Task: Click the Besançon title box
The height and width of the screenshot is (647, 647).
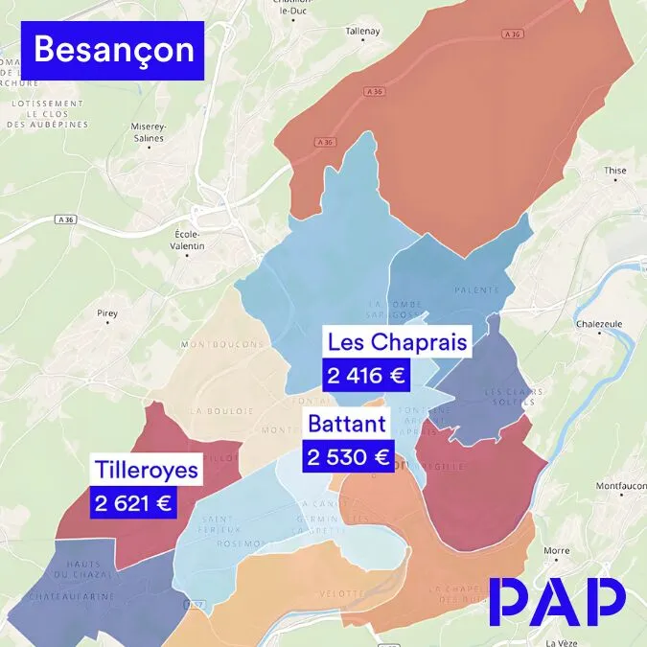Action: click(x=114, y=51)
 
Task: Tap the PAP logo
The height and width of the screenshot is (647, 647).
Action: click(x=557, y=602)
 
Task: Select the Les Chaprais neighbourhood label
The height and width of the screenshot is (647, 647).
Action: click(x=397, y=342)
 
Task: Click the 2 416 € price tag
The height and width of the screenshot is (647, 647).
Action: click(x=367, y=376)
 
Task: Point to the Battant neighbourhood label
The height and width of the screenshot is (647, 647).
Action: click(x=347, y=424)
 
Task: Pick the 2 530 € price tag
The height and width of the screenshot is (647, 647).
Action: click(x=347, y=457)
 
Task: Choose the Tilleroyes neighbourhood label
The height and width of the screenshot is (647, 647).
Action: click(x=147, y=470)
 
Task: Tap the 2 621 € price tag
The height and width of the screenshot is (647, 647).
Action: click(x=133, y=502)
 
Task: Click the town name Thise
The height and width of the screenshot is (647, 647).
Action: click(x=614, y=171)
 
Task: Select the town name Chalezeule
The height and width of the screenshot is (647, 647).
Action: click(x=599, y=324)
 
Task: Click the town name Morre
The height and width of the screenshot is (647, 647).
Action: click(x=556, y=551)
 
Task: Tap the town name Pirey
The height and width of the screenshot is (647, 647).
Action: click(x=106, y=312)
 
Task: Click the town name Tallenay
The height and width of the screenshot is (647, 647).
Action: click(x=363, y=31)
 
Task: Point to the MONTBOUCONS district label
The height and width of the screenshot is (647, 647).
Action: click(x=222, y=344)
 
